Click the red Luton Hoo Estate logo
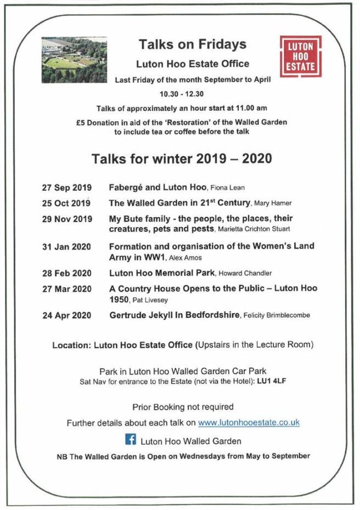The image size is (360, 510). click(300, 56)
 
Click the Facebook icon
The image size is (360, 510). click(131, 439)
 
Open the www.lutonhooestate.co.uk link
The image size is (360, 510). click(249, 423)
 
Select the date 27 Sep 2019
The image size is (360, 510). click(66, 188)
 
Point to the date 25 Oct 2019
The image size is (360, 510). click(66, 203)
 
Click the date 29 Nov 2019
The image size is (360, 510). click(67, 219)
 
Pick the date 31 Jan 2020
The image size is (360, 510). click(66, 246)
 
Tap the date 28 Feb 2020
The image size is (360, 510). click(67, 273)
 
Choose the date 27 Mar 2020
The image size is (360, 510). click(67, 289)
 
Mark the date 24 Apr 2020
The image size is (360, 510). click(66, 315)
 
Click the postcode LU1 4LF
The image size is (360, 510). click(272, 381)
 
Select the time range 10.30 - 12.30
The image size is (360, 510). click(181, 93)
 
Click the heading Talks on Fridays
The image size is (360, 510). click(192, 44)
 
